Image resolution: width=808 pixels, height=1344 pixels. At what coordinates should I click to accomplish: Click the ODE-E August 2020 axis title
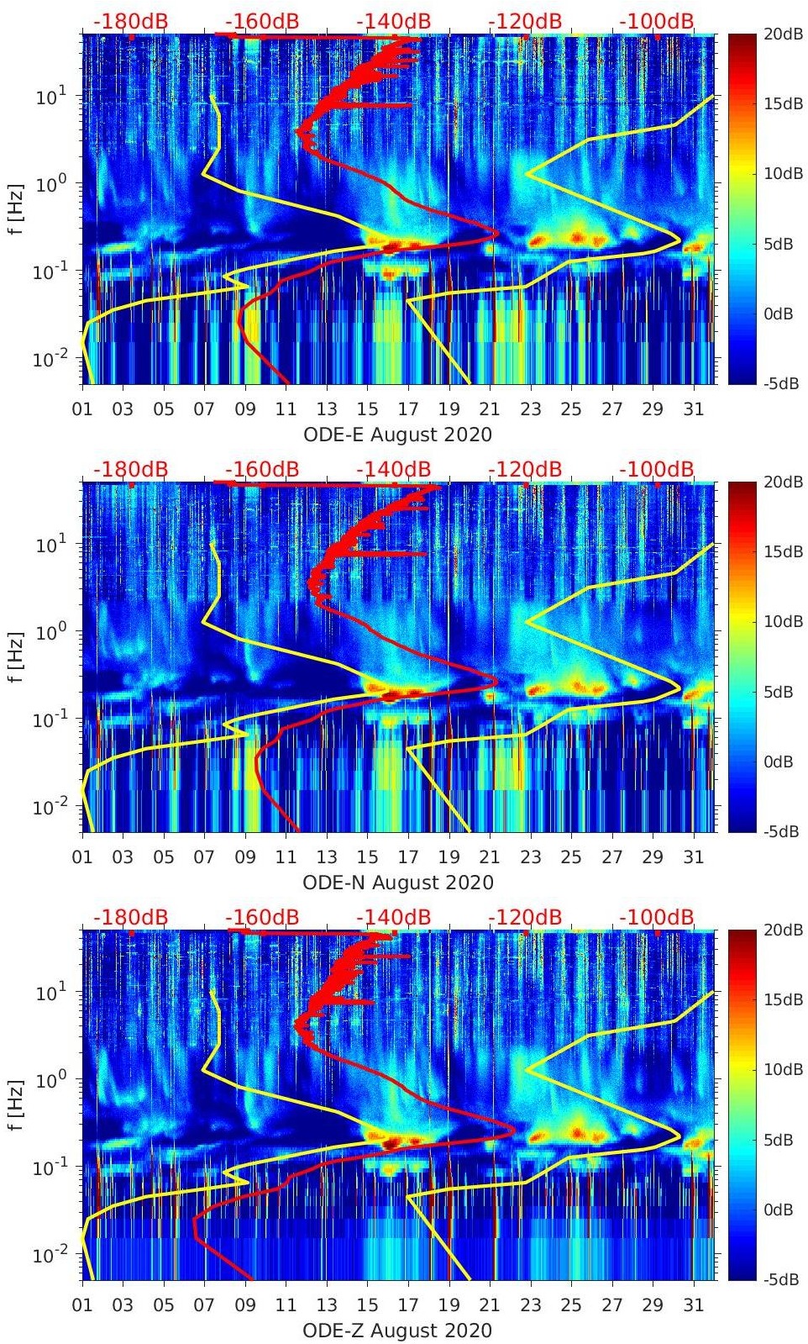point(397,435)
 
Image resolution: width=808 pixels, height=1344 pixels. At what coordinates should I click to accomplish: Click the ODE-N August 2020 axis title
point(397,883)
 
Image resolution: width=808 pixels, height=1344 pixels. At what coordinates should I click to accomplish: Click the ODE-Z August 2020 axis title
point(397,1331)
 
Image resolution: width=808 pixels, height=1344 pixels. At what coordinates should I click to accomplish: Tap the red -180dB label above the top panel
point(130,21)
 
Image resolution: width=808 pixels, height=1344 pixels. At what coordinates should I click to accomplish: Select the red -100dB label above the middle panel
point(657,469)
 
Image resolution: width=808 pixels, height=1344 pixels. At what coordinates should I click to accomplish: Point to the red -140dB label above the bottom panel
point(393,917)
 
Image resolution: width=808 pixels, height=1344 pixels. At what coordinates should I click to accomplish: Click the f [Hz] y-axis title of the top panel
point(14,208)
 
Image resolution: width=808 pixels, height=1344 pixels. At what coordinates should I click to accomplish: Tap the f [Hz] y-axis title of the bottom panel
point(14,1104)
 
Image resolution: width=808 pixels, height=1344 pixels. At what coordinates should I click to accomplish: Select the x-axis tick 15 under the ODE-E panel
point(367,409)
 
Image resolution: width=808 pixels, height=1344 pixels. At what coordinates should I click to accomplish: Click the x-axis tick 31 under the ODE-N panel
point(693,857)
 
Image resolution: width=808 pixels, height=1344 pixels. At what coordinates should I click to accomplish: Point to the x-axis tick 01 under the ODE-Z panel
point(83,1305)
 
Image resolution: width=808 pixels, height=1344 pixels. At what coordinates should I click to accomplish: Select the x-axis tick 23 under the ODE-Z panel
point(530,1305)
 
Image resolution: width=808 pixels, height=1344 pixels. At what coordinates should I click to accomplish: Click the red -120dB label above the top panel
point(525,21)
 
